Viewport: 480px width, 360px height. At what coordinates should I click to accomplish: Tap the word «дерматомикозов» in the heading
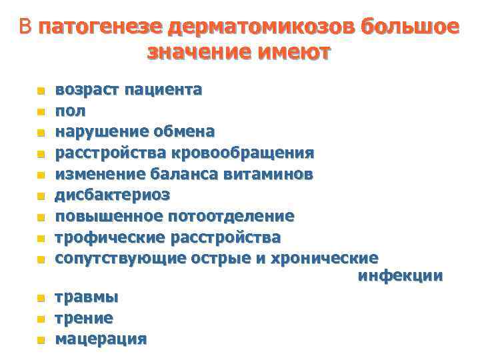click(261, 27)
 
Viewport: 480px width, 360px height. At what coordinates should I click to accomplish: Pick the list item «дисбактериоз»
click(112, 195)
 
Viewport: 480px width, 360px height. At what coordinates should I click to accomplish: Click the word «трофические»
click(111, 237)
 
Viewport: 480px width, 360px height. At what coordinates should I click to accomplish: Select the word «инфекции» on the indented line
click(400, 275)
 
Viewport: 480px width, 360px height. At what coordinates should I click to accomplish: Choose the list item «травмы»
click(87, 297)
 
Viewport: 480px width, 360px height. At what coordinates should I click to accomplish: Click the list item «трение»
click(84, 318)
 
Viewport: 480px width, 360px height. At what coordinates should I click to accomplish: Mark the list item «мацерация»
click(101, 339)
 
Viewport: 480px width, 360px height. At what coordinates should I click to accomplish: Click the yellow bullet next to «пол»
click(40, 111)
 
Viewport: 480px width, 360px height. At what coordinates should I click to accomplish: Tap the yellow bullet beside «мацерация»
click(40, 340)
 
